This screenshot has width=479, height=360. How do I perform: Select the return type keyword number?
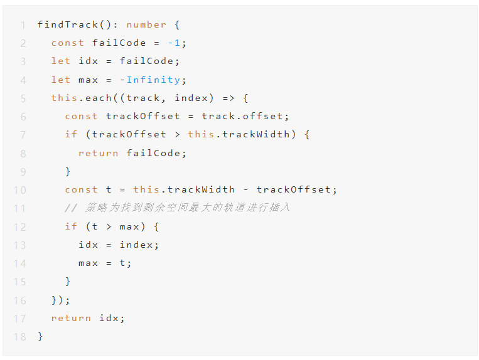146,24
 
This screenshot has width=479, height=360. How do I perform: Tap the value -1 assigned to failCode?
177,43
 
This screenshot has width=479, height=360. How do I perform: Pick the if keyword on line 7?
71,134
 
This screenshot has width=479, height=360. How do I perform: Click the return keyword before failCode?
99,153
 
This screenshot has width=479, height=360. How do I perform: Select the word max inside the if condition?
129,226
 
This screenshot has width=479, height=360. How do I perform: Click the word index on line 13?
139,245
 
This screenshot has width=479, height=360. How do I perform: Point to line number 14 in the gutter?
19,263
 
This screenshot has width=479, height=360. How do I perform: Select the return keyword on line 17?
71,318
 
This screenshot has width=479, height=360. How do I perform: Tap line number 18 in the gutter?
19,337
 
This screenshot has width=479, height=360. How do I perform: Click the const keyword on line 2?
68,43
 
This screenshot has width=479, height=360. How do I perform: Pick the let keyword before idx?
61,61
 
